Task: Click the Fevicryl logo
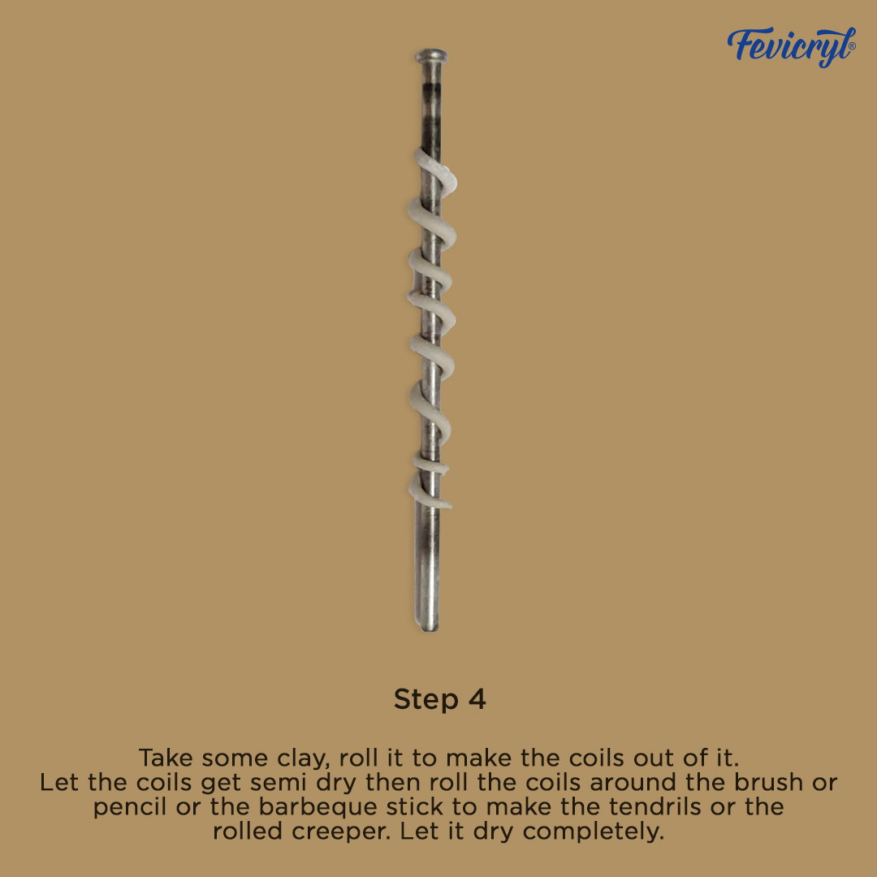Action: point(791,45)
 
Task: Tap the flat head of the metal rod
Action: point(431,55)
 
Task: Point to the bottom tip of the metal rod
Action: point(430,628)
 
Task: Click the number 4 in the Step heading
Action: point(477,699)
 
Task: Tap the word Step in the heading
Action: point(426,700)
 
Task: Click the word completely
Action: point(594,832)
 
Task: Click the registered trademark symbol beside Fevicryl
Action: point(852,46)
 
